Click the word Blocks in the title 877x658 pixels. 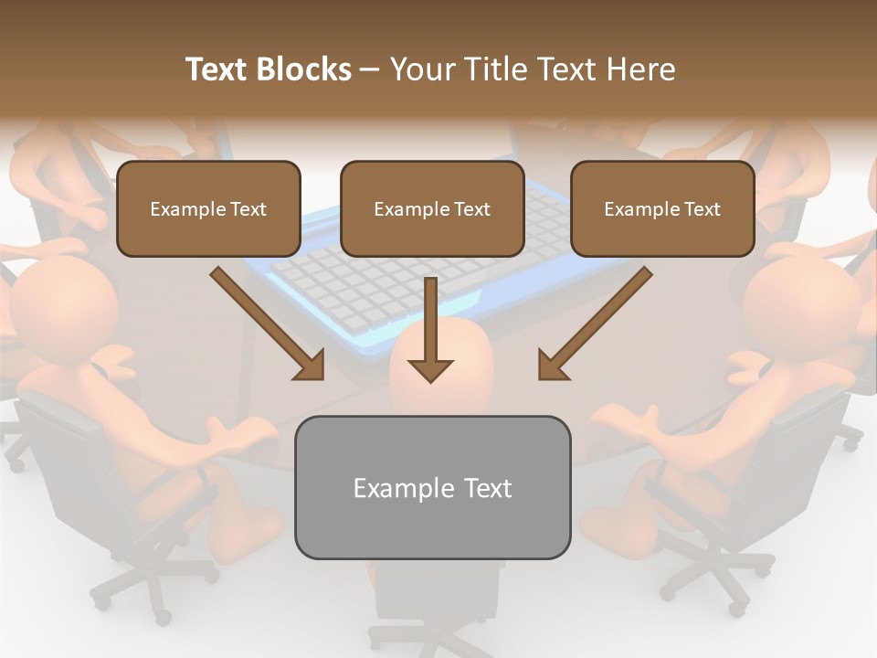click(x=306, y=69)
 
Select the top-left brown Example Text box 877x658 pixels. click(x=208, y=208)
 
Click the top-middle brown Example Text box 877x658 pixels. click(x=432, y=208)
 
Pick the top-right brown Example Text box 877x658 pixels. click(x=662, y=208)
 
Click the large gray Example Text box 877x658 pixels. click(x=432, y=487)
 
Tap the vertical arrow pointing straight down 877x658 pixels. click(x=430, y=329)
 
